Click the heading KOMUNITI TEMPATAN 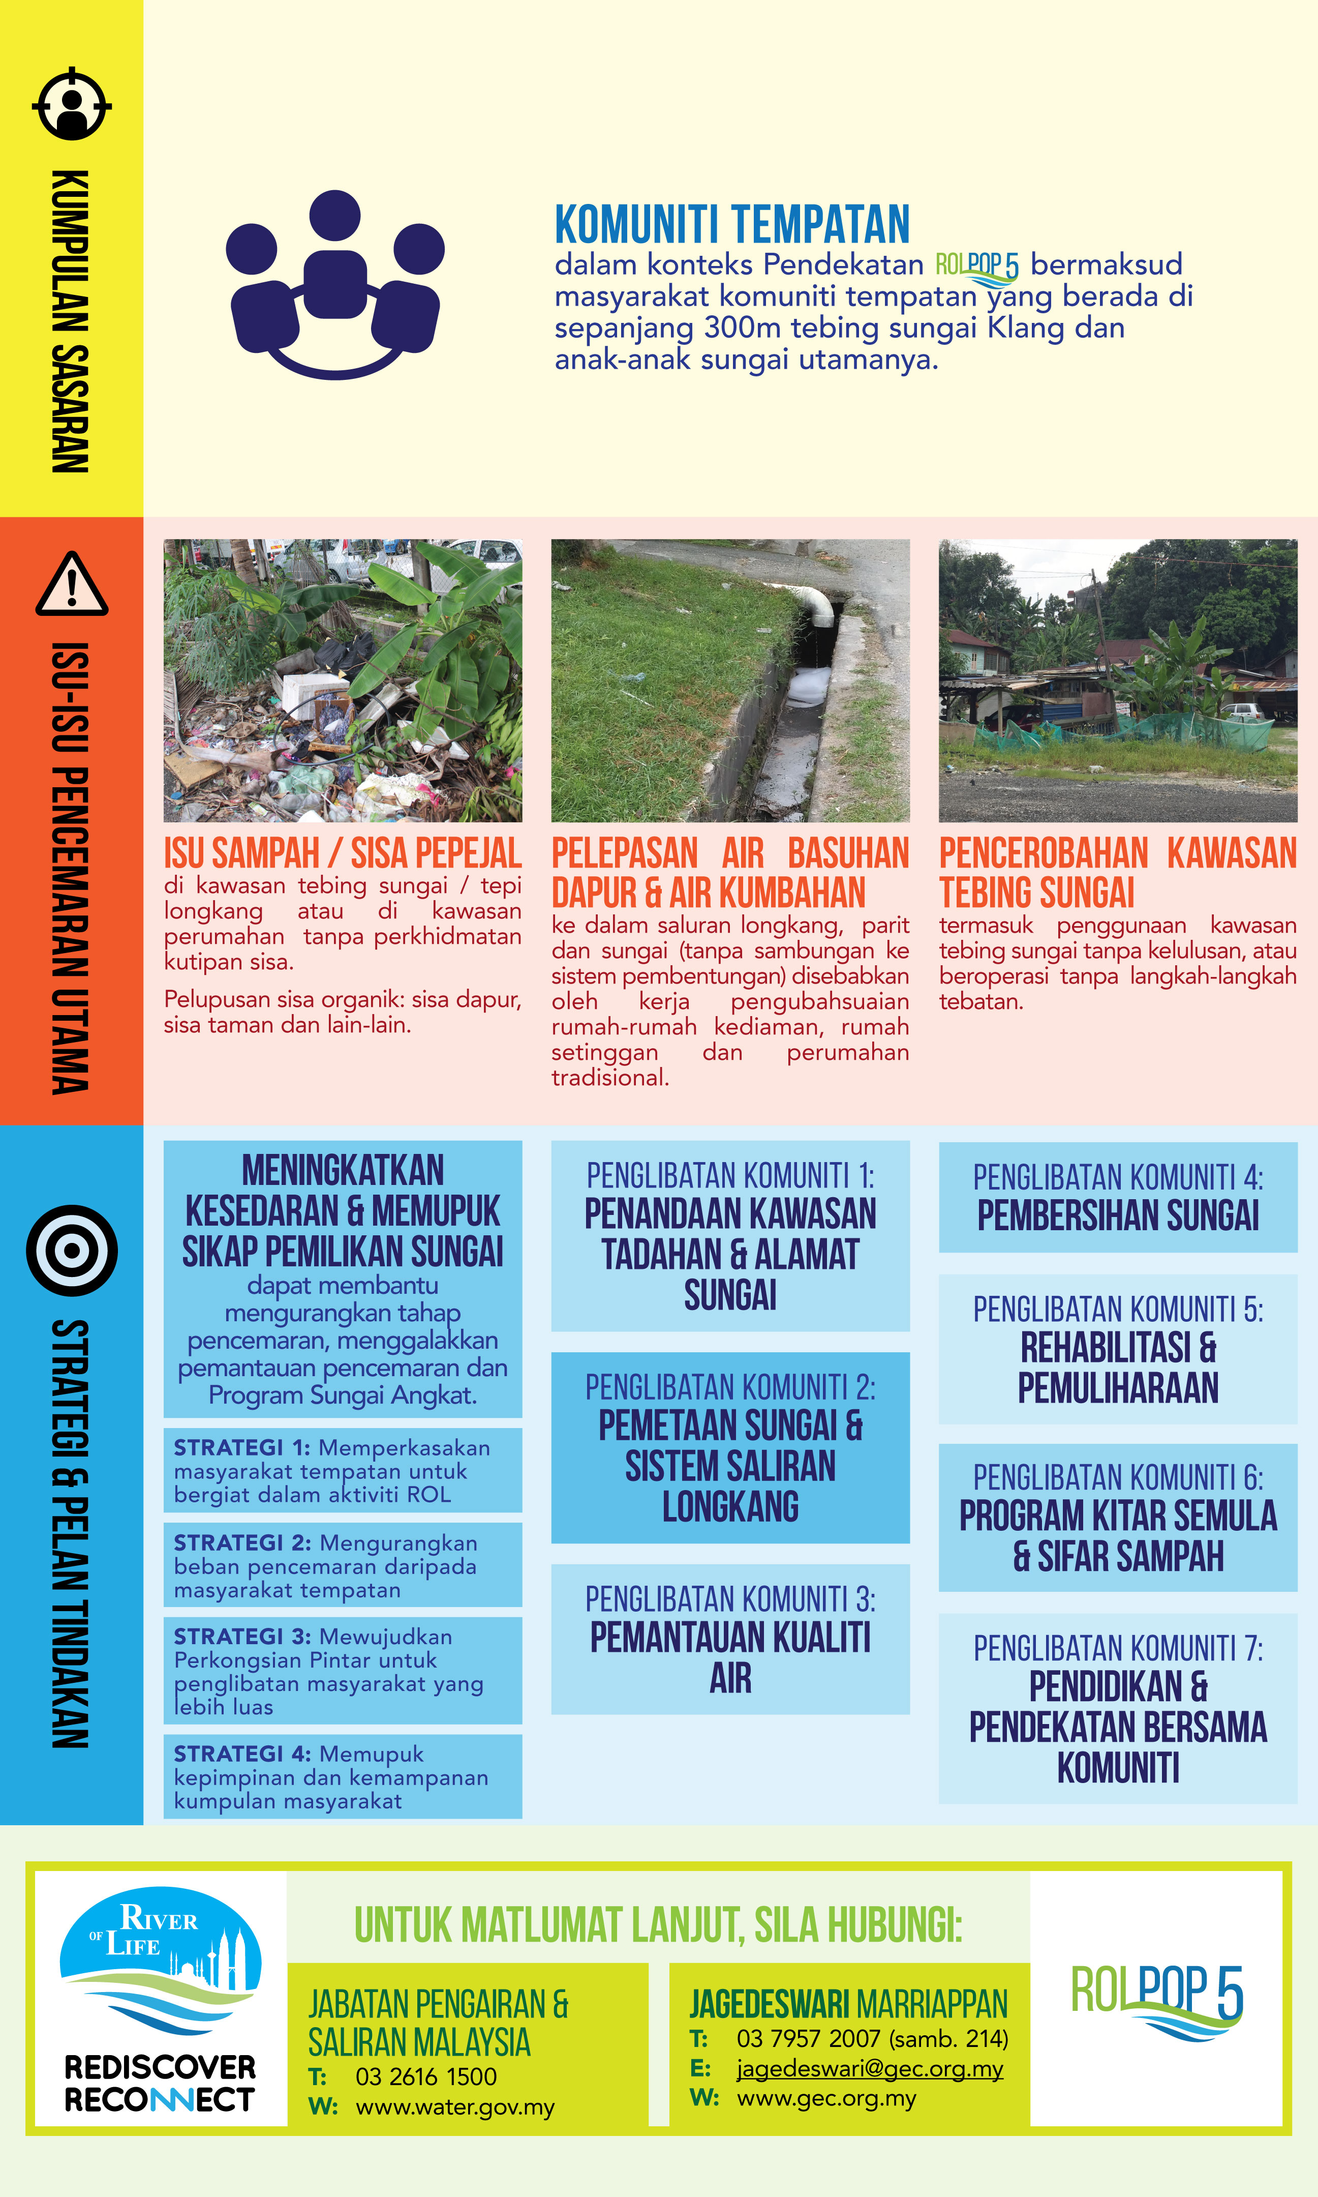(x=732, y=225)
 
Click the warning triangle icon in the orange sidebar (x=72, y=584)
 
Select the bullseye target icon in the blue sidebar (x=72, y=1250)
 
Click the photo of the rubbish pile (x=342, y=680)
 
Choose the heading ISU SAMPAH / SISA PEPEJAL (x=342, y=853)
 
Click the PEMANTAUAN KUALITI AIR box (x=730, y=1639)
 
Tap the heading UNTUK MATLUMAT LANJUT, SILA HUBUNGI (x=658, y=1925)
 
